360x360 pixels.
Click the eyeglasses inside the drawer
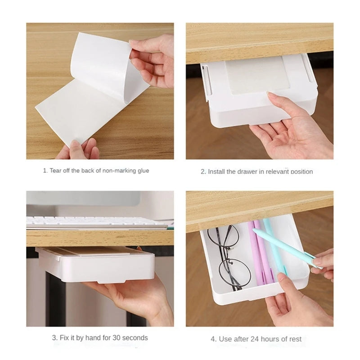232,259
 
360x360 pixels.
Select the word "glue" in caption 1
143,171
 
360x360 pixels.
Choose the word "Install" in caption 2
217,171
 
